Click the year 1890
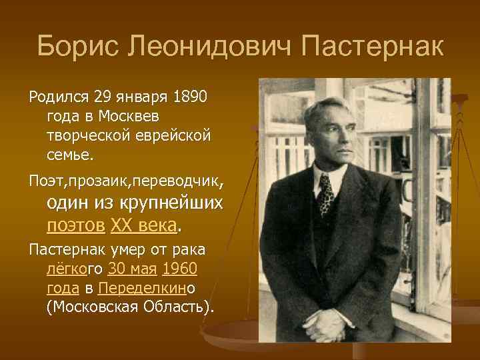click(190, 97)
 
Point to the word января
click(140, 97)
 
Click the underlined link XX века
click(145, 225)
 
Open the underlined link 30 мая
click(131, 269)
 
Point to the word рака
click(189, 250)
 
